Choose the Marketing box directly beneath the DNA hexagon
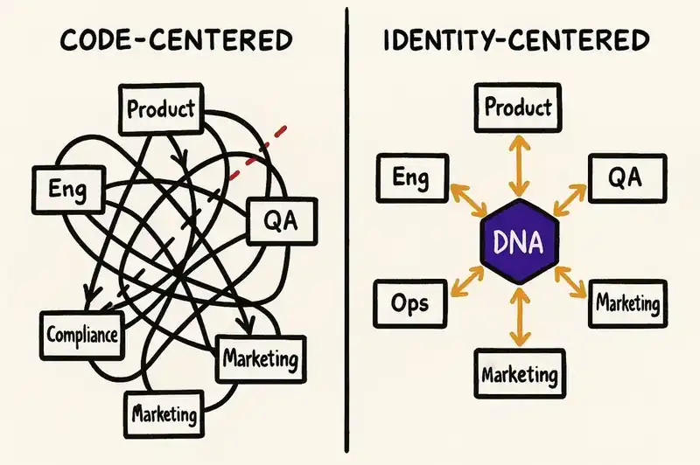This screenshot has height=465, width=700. coord(520,375)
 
